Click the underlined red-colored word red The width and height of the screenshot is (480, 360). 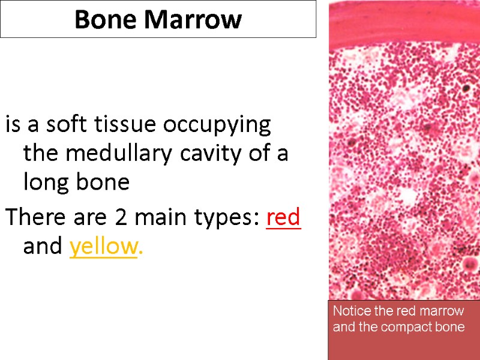point(283,218)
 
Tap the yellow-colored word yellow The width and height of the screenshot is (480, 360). point(103,247)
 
